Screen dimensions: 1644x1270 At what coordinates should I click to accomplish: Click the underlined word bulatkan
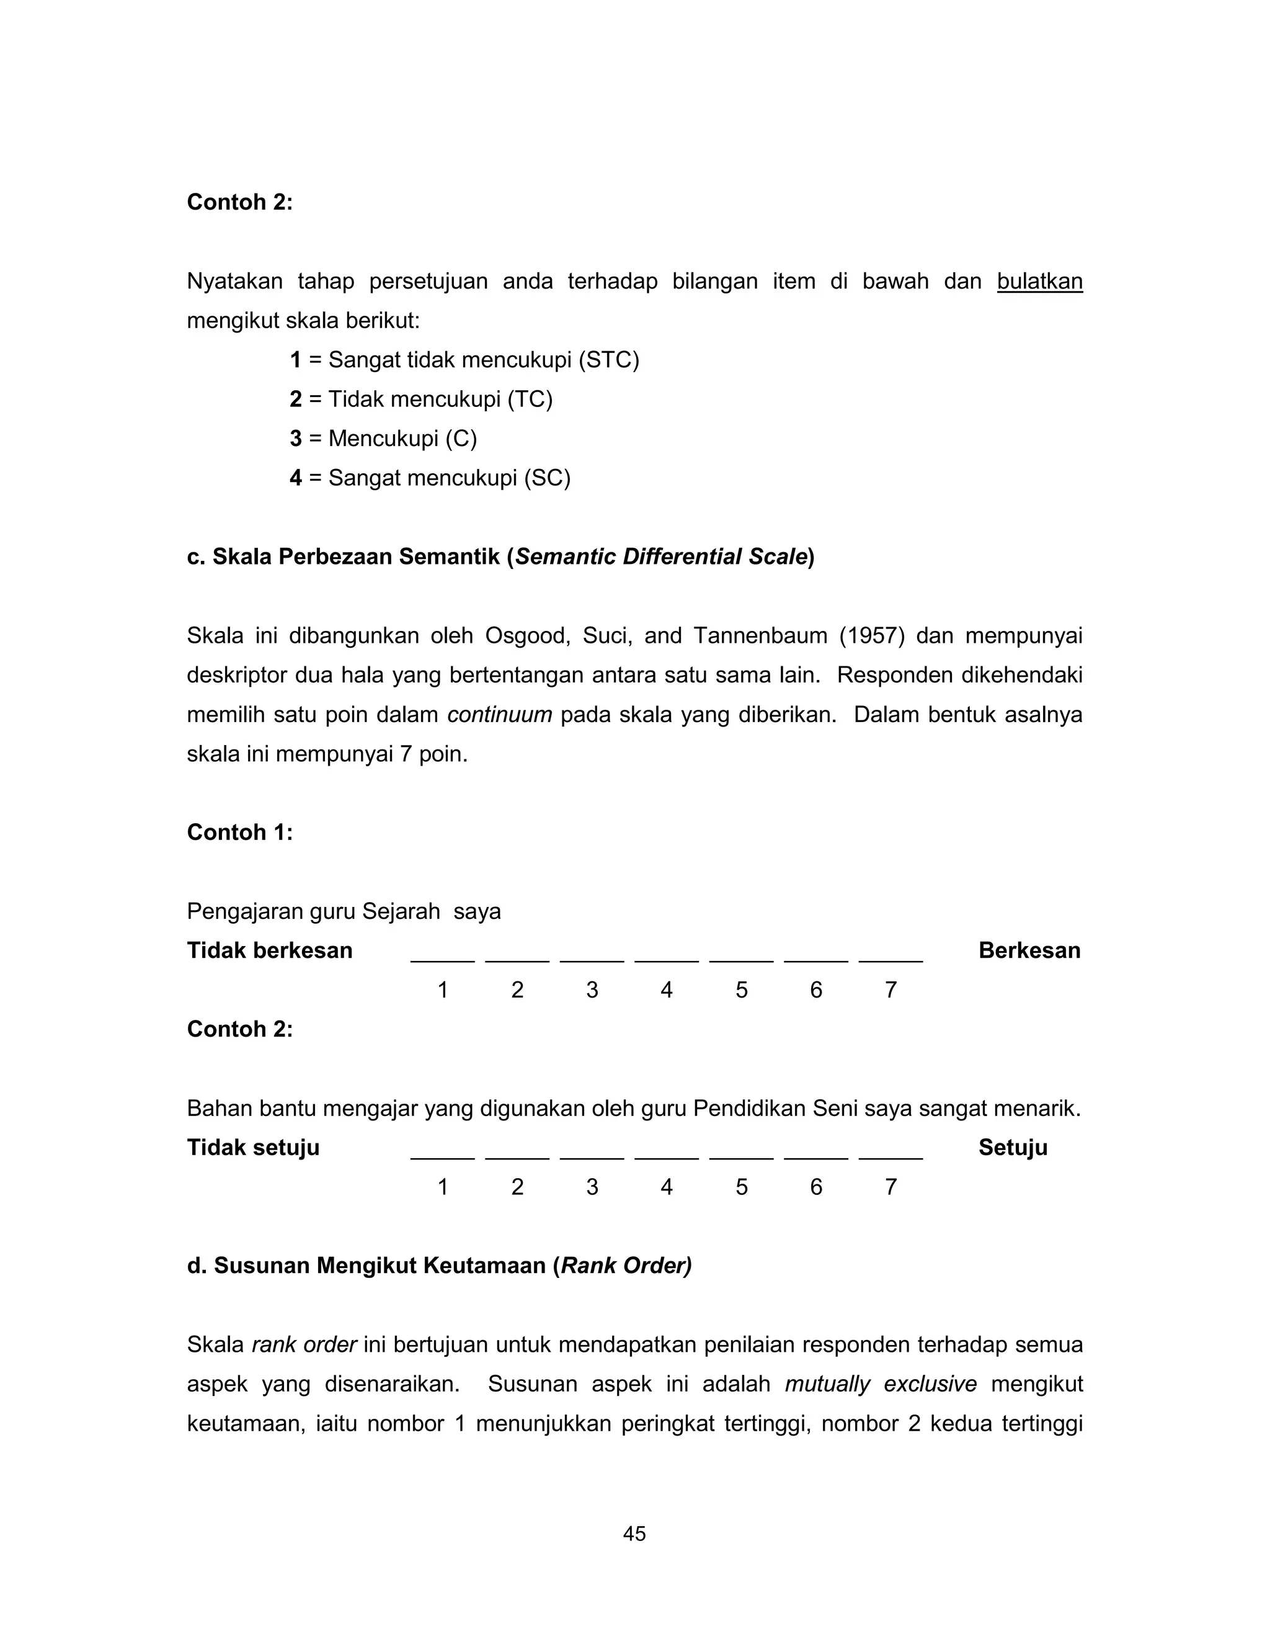pyautogui.click(x=1039, y=282)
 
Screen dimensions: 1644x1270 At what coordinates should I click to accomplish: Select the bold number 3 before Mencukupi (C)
pyautogui.click(x=296, y=438)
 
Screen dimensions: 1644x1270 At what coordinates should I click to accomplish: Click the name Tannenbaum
pyautogui.click(x=760, y=636)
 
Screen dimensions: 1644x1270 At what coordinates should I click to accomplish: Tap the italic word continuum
pyautogui.click(x=500, y=714)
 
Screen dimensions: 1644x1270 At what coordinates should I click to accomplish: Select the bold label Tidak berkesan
pyautogui.click(x=269, y=950)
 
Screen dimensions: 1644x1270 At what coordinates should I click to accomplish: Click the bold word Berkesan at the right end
pyautogui.click(x=1029, y=950)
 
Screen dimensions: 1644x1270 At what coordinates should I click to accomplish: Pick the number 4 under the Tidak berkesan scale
pyautogui.click(x=667, y=990)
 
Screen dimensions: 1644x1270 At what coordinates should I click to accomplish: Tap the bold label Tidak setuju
pyautogui.click(x=253, y=1148)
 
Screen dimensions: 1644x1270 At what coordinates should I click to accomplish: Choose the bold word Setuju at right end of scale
pyautogui.click(x=1013, y=1148)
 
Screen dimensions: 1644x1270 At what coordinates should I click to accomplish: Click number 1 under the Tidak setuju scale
pyautogui.click(x=443, y=1187)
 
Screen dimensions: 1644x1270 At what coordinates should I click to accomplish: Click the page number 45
pyautogui.click(x=634, y=1534)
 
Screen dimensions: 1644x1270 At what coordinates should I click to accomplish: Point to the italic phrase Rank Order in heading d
pyautogui.click(x=625, y=1266)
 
